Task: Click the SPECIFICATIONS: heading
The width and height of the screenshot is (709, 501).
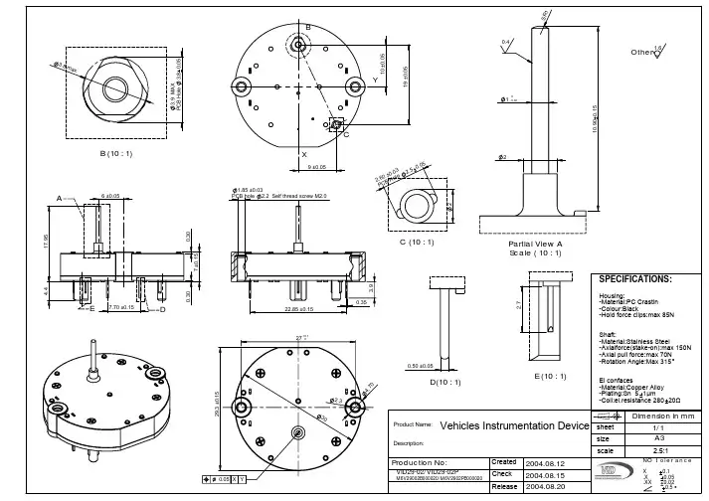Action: pyautogui.click(x=636, y=279)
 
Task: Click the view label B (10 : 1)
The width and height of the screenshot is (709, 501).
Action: pyautogui.click(x=116, y=154)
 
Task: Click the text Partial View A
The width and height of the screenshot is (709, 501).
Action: pyautogui.click(x=535, y=243)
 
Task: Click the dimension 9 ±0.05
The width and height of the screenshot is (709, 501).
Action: pyautogui.click(x=318, y=167)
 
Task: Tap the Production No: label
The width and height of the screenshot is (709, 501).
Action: pyautogui.click(x=424, y=463)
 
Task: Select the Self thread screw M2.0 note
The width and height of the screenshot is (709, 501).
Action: pyautogui.click(x=299, y=197)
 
